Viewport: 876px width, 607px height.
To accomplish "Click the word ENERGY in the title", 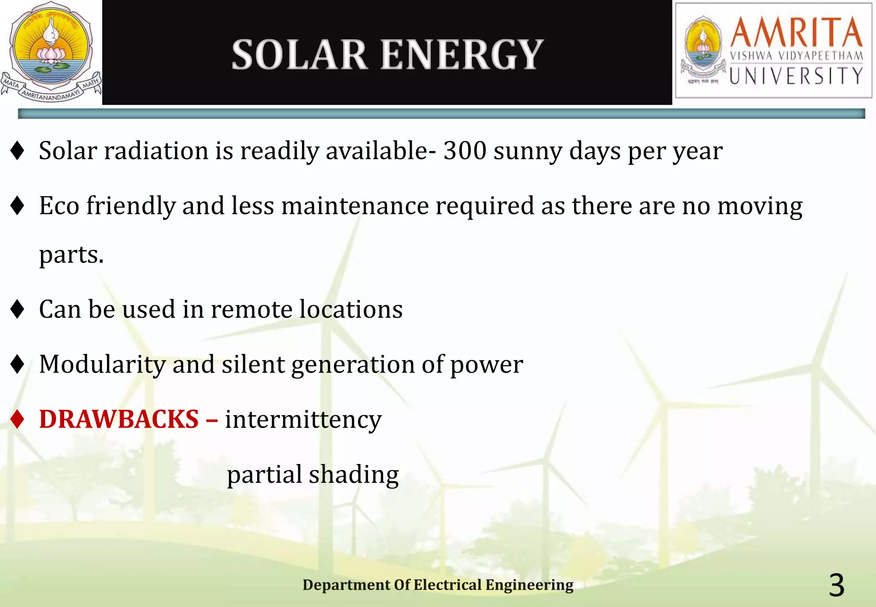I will [462, 55].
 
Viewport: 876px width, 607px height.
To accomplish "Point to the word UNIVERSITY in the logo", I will [796, 76].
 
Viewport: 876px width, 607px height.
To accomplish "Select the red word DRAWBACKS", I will [119, 419].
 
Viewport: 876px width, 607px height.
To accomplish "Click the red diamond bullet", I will [18, 419].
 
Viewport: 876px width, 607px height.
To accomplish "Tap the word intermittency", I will [303, 419].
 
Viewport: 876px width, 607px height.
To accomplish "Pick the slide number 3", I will [837, 585].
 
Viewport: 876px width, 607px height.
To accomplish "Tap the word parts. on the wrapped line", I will [71, 255].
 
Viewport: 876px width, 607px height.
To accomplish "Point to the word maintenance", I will [355, 206].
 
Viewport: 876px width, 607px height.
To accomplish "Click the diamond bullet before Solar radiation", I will [18, 151].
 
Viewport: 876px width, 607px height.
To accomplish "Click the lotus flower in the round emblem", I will [50, 55].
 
